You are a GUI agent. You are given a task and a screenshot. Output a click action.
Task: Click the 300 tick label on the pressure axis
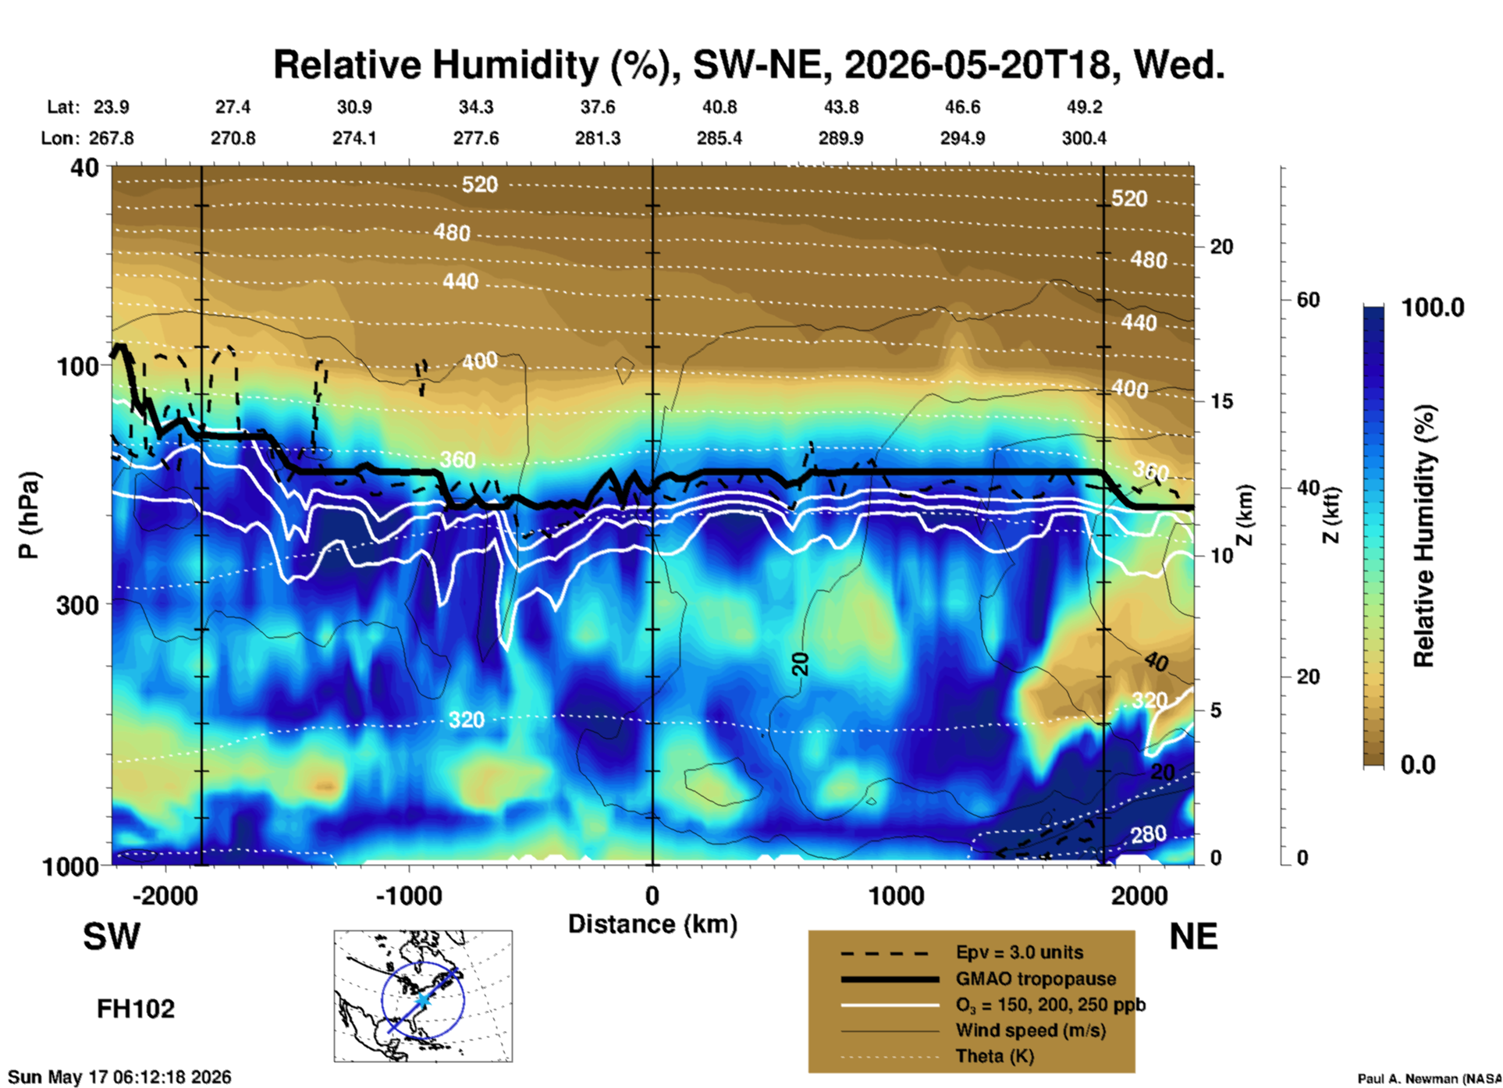pos(77,605)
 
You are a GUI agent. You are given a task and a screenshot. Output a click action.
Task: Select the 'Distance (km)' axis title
pos(652,924)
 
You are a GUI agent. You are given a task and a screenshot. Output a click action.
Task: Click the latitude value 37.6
pos(598,107)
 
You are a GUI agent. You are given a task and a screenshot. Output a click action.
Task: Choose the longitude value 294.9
pos(962,138)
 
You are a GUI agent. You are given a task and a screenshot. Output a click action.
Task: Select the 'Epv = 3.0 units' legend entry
pos(1019,952)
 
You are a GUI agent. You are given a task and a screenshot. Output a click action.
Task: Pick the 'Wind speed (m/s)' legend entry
pos(1030,1030)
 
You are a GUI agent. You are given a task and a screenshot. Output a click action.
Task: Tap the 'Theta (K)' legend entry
pos(994,1056)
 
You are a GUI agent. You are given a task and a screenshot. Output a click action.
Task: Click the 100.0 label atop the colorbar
pos(1433,308)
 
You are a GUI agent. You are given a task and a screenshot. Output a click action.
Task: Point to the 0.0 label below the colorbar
pos(1418,764)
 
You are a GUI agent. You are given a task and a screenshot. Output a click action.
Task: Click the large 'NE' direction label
pos(1193,937)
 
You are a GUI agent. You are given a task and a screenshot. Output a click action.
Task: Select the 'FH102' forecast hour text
pos(136,1009)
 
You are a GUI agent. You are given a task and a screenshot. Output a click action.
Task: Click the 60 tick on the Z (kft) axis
pos(1308,300)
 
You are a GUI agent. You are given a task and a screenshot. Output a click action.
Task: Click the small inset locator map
pos(423,996)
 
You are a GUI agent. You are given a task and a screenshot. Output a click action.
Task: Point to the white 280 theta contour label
pos(1149,834)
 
